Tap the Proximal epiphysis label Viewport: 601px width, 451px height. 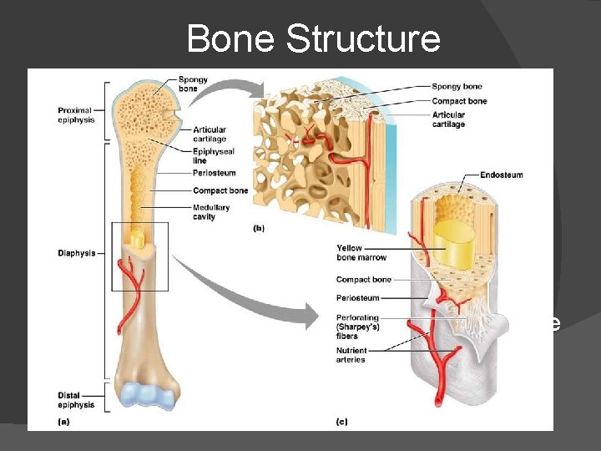pos(76,115)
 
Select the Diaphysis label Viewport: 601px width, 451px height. pos(77,253)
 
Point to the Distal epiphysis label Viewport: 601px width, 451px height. pos(76,400)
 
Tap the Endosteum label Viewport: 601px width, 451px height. pos(502,175)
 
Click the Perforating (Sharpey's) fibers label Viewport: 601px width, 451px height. pos(359,327)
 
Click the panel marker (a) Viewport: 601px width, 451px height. pos(63,423)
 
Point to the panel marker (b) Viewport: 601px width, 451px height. pos(259,228)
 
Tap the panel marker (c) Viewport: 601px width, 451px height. pos(341,423)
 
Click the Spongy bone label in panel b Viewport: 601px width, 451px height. pos(457,87)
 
